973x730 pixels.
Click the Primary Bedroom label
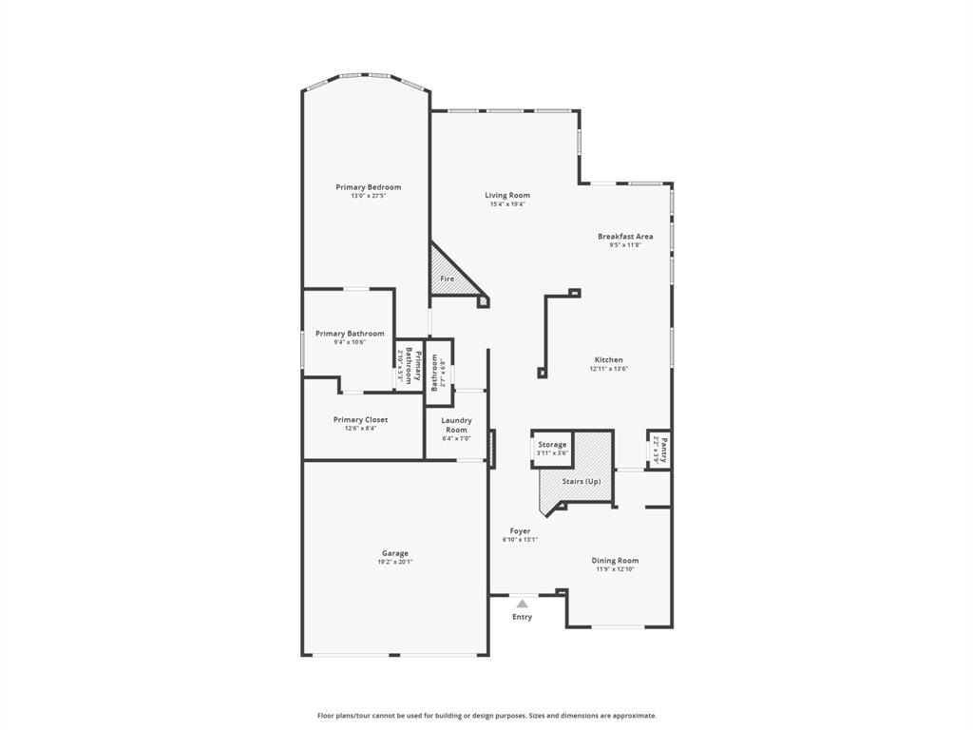[x=369, y=187]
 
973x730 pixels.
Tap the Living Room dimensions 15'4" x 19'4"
[x=507, y=204]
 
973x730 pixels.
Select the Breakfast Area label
[x=625, y=236]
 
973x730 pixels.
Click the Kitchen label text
[x=609, y=359]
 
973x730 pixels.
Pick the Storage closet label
[x=552, y=445]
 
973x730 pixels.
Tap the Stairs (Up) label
[x=582, y=482]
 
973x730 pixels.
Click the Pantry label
[x=664, y=449]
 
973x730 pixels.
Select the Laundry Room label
[x=457, y=425]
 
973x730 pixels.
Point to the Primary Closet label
[x=360, y=419]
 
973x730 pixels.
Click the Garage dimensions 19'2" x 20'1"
[x=395, y=562]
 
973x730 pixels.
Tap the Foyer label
[x=520, y=531]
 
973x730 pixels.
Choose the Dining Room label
[x=615, y=561]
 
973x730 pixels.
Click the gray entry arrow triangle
[x=522, y=603]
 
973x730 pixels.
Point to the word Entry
[x=523, y=617]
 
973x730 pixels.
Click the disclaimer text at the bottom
[x=486, y=716]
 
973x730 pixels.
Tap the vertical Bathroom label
[x=436, y=373]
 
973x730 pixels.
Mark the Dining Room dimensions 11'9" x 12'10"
[x=615, y=569]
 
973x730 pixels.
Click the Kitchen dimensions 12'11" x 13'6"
[x=609, y=369]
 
